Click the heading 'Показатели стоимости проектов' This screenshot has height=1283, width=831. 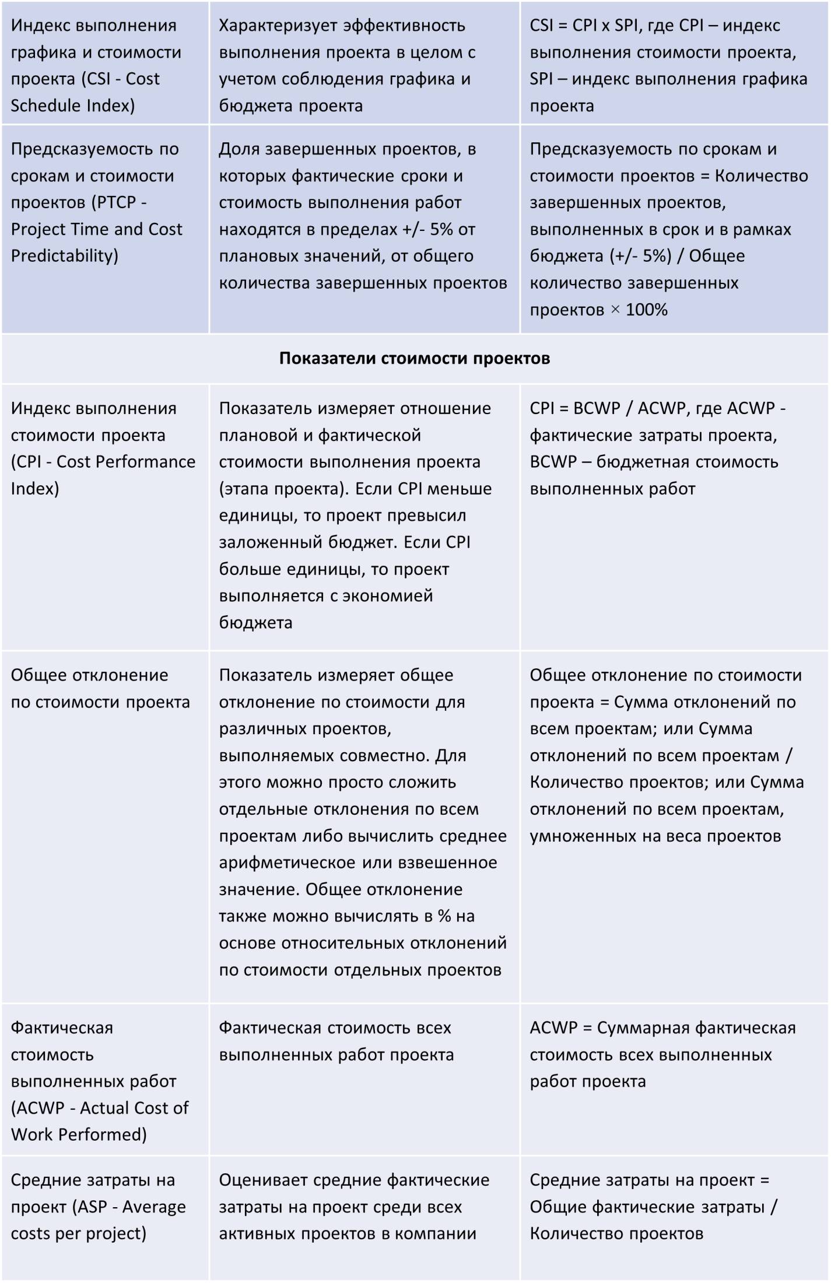pos(414,358)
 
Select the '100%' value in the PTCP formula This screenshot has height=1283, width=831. pos(646,310)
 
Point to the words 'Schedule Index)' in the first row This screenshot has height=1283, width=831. pos(73,106)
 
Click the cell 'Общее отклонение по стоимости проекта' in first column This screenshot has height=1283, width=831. pos(100,689)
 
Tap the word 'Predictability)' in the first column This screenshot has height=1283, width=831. pos(65,255)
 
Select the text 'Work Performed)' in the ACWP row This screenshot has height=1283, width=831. pos(79,1134)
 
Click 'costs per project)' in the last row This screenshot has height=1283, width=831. pos(79,1233)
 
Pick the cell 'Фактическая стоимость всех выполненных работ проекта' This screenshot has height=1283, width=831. pos(336,1042)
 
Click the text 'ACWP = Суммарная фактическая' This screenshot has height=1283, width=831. pos(662,1028)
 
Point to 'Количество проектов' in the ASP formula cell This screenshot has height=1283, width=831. pos(616,1233)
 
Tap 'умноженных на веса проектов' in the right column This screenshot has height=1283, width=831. pos(655,836)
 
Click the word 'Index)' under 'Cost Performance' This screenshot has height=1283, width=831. pos(35,489)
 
